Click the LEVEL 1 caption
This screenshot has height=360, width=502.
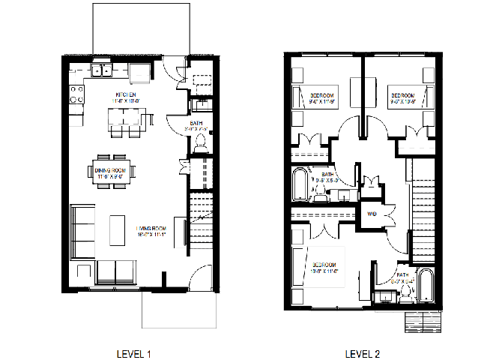(x=135, y=353)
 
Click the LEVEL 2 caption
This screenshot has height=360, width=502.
(x=363, y=353)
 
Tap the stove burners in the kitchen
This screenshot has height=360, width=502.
(x=76, y=94)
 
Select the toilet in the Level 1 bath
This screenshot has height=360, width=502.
(x=200, y=142)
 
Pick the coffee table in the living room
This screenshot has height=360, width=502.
(x=118, y=229)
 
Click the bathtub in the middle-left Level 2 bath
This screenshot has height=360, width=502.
(x=300, y=184)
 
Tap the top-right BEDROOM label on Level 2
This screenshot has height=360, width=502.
(x=402, y=96)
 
